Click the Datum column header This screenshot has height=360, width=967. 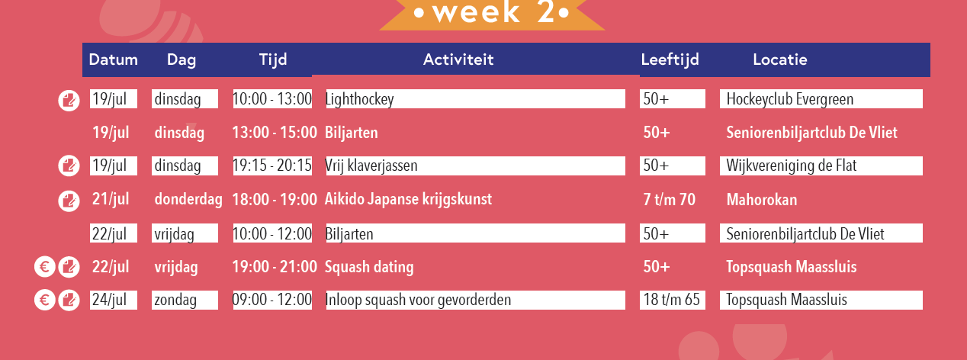coord(114,59)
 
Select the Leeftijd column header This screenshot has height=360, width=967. coord(670,59)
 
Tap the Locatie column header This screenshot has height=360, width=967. coord(779,59)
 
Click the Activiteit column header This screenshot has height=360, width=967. coord(458,59)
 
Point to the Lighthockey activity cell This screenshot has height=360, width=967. coord(359,99)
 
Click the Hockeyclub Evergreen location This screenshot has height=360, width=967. coord(789,99)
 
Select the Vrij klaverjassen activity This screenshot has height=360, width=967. coord(371,166)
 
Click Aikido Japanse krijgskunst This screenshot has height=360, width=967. coord(408,200)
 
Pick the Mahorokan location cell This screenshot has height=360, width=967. coord(761,200)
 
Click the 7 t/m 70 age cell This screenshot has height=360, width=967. coord(669,200)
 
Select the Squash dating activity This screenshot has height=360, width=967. coord(369,267)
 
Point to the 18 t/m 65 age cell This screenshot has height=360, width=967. coord(671,300)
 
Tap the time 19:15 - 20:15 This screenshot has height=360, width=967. coord(272,166)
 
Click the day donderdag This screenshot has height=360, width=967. coord(188,200)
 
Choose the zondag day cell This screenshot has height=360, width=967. coord(175,300)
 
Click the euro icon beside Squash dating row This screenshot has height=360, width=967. coord(44,267)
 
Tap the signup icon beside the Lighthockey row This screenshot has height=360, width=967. coord(69,99)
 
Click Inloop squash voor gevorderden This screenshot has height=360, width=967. coord(418,300)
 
